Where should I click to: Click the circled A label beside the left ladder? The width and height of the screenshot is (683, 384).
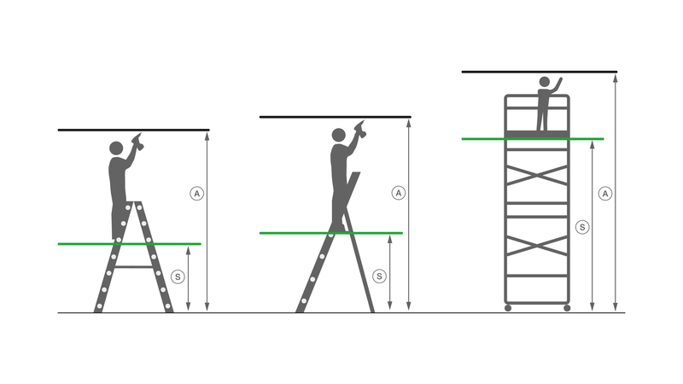click(x=196, y=194)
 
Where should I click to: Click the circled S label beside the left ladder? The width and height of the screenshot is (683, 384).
click(x=178, y=276)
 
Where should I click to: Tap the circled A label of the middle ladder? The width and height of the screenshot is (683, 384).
click(x=398, y=194)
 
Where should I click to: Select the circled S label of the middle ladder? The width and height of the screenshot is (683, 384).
click(x=380, y=276)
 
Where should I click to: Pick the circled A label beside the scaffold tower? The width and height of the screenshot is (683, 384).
click(x=605, y=194)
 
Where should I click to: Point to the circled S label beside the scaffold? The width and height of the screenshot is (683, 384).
click(x=582, y=227)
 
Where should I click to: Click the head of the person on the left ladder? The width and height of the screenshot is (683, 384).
click(x=116, y=148)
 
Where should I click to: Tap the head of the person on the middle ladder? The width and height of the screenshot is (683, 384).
click(x=338, y=135)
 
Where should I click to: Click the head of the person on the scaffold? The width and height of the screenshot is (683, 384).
click(x=544, y=82)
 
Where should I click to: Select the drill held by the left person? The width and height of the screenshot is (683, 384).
click(x=137, y=143)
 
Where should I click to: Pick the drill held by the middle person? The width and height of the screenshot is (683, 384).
click(x=359, y=130)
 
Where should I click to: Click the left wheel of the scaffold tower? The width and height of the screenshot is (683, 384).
click(x=508, y=307)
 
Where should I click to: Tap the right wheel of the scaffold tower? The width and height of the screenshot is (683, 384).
click(x=567, y=307)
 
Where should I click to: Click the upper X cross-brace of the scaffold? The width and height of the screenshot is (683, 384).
click(x=537, y=176)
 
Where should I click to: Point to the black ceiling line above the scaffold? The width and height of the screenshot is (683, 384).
click(x=539, y=72)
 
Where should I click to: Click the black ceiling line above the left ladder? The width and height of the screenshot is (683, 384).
click(x=133, y=130)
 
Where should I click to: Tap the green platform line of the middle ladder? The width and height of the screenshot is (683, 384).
click(x=330, y=232)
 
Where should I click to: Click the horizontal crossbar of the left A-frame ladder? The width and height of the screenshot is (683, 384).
click(x=133, y=266)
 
